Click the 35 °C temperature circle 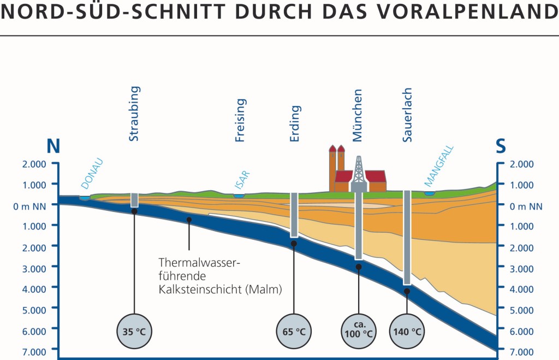134,331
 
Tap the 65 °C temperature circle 293,331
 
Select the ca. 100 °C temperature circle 359,331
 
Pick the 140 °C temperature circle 407,331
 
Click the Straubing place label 134,114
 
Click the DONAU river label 91,173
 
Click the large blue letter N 53,146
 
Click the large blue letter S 501,146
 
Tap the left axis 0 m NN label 32,205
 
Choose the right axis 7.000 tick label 522,351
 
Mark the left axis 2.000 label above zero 34,164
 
